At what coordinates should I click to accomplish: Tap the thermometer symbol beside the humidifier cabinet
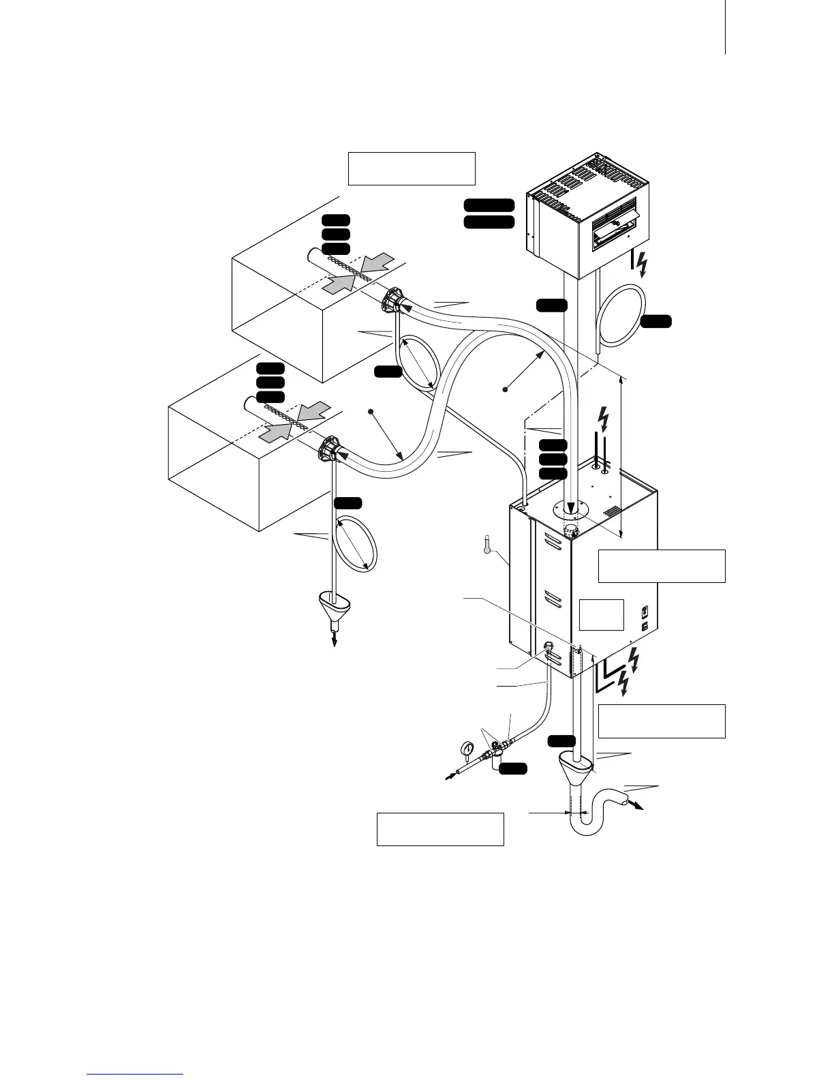point(486,545)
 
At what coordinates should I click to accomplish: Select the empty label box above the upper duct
point(411,168)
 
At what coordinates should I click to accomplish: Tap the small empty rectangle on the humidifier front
point(601,614)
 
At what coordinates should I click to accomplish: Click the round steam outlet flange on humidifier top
point(570,508)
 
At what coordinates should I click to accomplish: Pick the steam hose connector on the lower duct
point(328,450)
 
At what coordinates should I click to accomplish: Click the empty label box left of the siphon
point(440,828)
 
